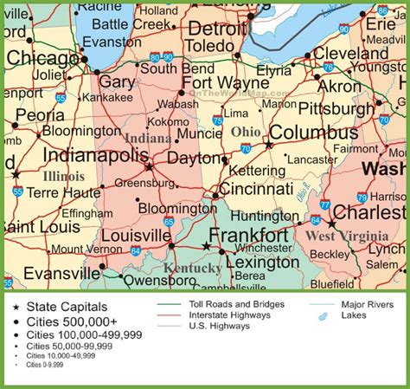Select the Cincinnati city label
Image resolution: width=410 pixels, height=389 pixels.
tap(255, 189)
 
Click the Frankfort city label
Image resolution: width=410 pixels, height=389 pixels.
tap(248, 236)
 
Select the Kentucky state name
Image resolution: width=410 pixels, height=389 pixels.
tap(194, 269)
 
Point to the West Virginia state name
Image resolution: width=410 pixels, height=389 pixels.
tap(347, 236)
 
